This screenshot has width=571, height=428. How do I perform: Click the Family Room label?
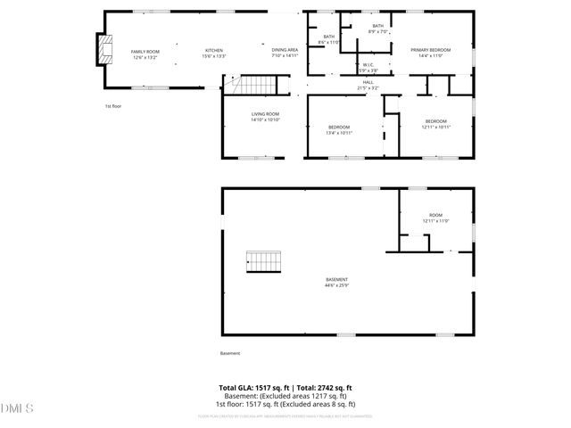point(145,52)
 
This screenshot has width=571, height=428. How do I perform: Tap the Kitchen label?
point(214,50)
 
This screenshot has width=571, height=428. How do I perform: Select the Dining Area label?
point(285,50)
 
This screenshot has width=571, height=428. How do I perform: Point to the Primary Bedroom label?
point(430,50)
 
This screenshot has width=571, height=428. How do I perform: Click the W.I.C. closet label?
point(368,65)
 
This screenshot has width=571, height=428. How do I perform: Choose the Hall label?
point(368,82)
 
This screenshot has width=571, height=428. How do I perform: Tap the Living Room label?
point(265,114)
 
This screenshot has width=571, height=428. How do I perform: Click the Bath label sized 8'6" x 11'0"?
point(329,37)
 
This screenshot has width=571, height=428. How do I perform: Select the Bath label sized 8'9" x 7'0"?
point(377,27)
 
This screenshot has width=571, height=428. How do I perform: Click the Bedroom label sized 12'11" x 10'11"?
point(435,121)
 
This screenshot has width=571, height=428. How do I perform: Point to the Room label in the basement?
point(435,215)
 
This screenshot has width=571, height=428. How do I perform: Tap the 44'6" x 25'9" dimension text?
point(336,285)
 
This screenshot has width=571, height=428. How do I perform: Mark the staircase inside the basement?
point(264,262)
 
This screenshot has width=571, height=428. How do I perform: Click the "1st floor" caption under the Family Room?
point(112,106)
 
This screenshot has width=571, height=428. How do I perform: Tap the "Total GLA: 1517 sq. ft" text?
point(250,388)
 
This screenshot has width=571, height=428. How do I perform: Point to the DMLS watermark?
point(17,408)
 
